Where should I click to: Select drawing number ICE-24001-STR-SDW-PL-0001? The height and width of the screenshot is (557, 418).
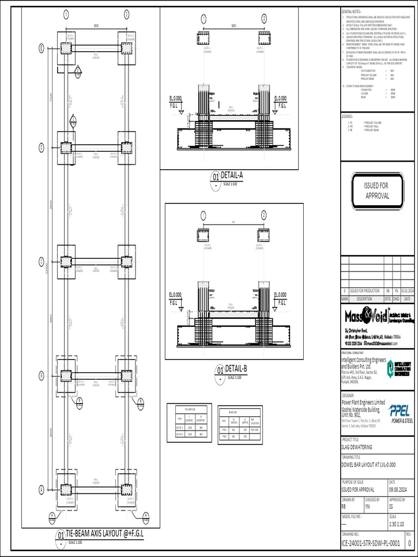[x=371, y=543]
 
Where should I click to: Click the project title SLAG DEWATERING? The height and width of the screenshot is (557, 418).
[x=357, y=447]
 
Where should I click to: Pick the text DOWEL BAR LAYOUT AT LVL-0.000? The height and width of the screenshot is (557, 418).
[x=368, y=465]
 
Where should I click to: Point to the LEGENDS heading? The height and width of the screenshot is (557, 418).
[x=348, y=116]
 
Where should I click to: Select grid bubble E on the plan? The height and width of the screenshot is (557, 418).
[x=41, y=48]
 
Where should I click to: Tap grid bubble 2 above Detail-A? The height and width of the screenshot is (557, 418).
[x=264, y=19]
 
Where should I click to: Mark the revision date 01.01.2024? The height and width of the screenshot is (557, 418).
[x=408, y=291]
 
